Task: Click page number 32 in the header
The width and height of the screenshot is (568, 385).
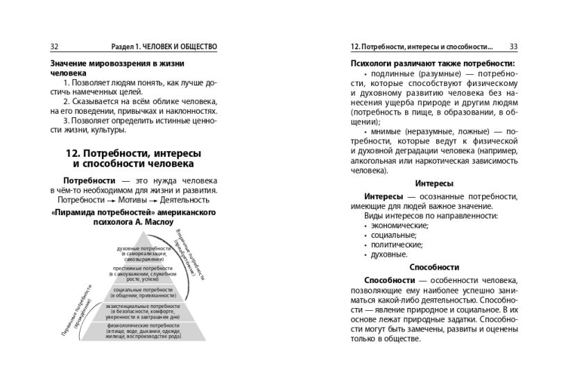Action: click(x=55, y=46)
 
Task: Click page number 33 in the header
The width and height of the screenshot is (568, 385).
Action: click(x=514, y=46)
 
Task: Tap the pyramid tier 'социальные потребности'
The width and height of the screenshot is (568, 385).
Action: click(x=144, y=292)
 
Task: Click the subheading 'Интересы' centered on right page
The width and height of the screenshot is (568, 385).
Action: click(x=434, y=184)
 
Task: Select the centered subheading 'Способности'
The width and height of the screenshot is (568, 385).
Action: click(x=434, y=267)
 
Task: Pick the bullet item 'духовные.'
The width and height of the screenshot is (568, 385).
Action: click(x=389, y=254)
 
